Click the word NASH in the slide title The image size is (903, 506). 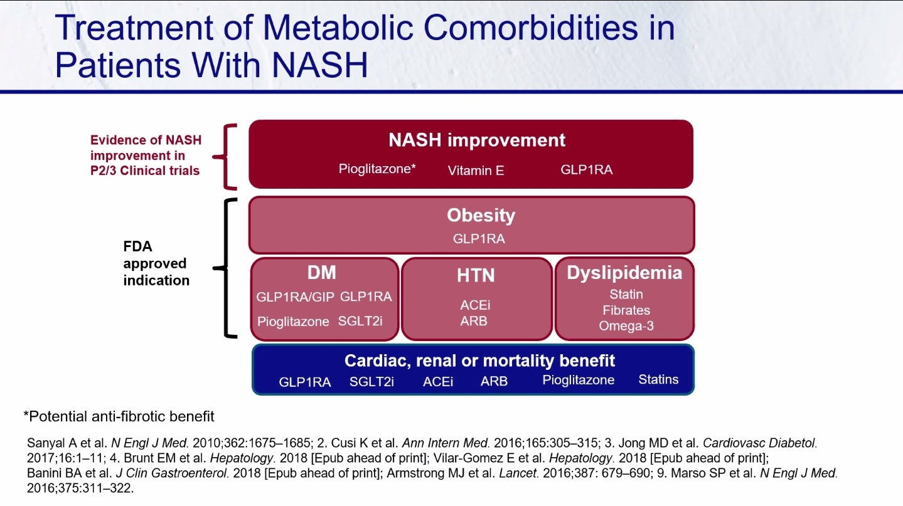(x=319, y=65)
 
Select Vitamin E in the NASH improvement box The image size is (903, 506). (x=476, y=171)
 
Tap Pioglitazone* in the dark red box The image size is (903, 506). (x=377, y=169)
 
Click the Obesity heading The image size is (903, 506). (x=481, y=215)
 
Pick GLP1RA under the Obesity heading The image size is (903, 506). (x=479, y=238)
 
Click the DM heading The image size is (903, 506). (x=321, y=273)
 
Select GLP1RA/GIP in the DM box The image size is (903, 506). (x=295, y=297)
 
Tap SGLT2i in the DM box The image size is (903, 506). (x=360, y=321)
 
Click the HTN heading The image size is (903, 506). (x=476, y=275)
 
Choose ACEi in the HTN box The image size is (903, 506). (x=475, y=305)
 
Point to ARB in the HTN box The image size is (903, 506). (x=474, y=321)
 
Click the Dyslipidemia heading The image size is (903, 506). (x=624, y=273)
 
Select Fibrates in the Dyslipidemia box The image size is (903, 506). (x=626, y=310)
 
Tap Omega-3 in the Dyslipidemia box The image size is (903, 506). (x=626, y=325)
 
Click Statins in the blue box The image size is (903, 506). (x=658, y=379)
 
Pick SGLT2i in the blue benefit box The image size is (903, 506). (x=371, y=381)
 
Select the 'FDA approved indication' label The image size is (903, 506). (x=156, y=263)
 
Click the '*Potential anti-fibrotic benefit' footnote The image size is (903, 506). (x=119, y=416)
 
